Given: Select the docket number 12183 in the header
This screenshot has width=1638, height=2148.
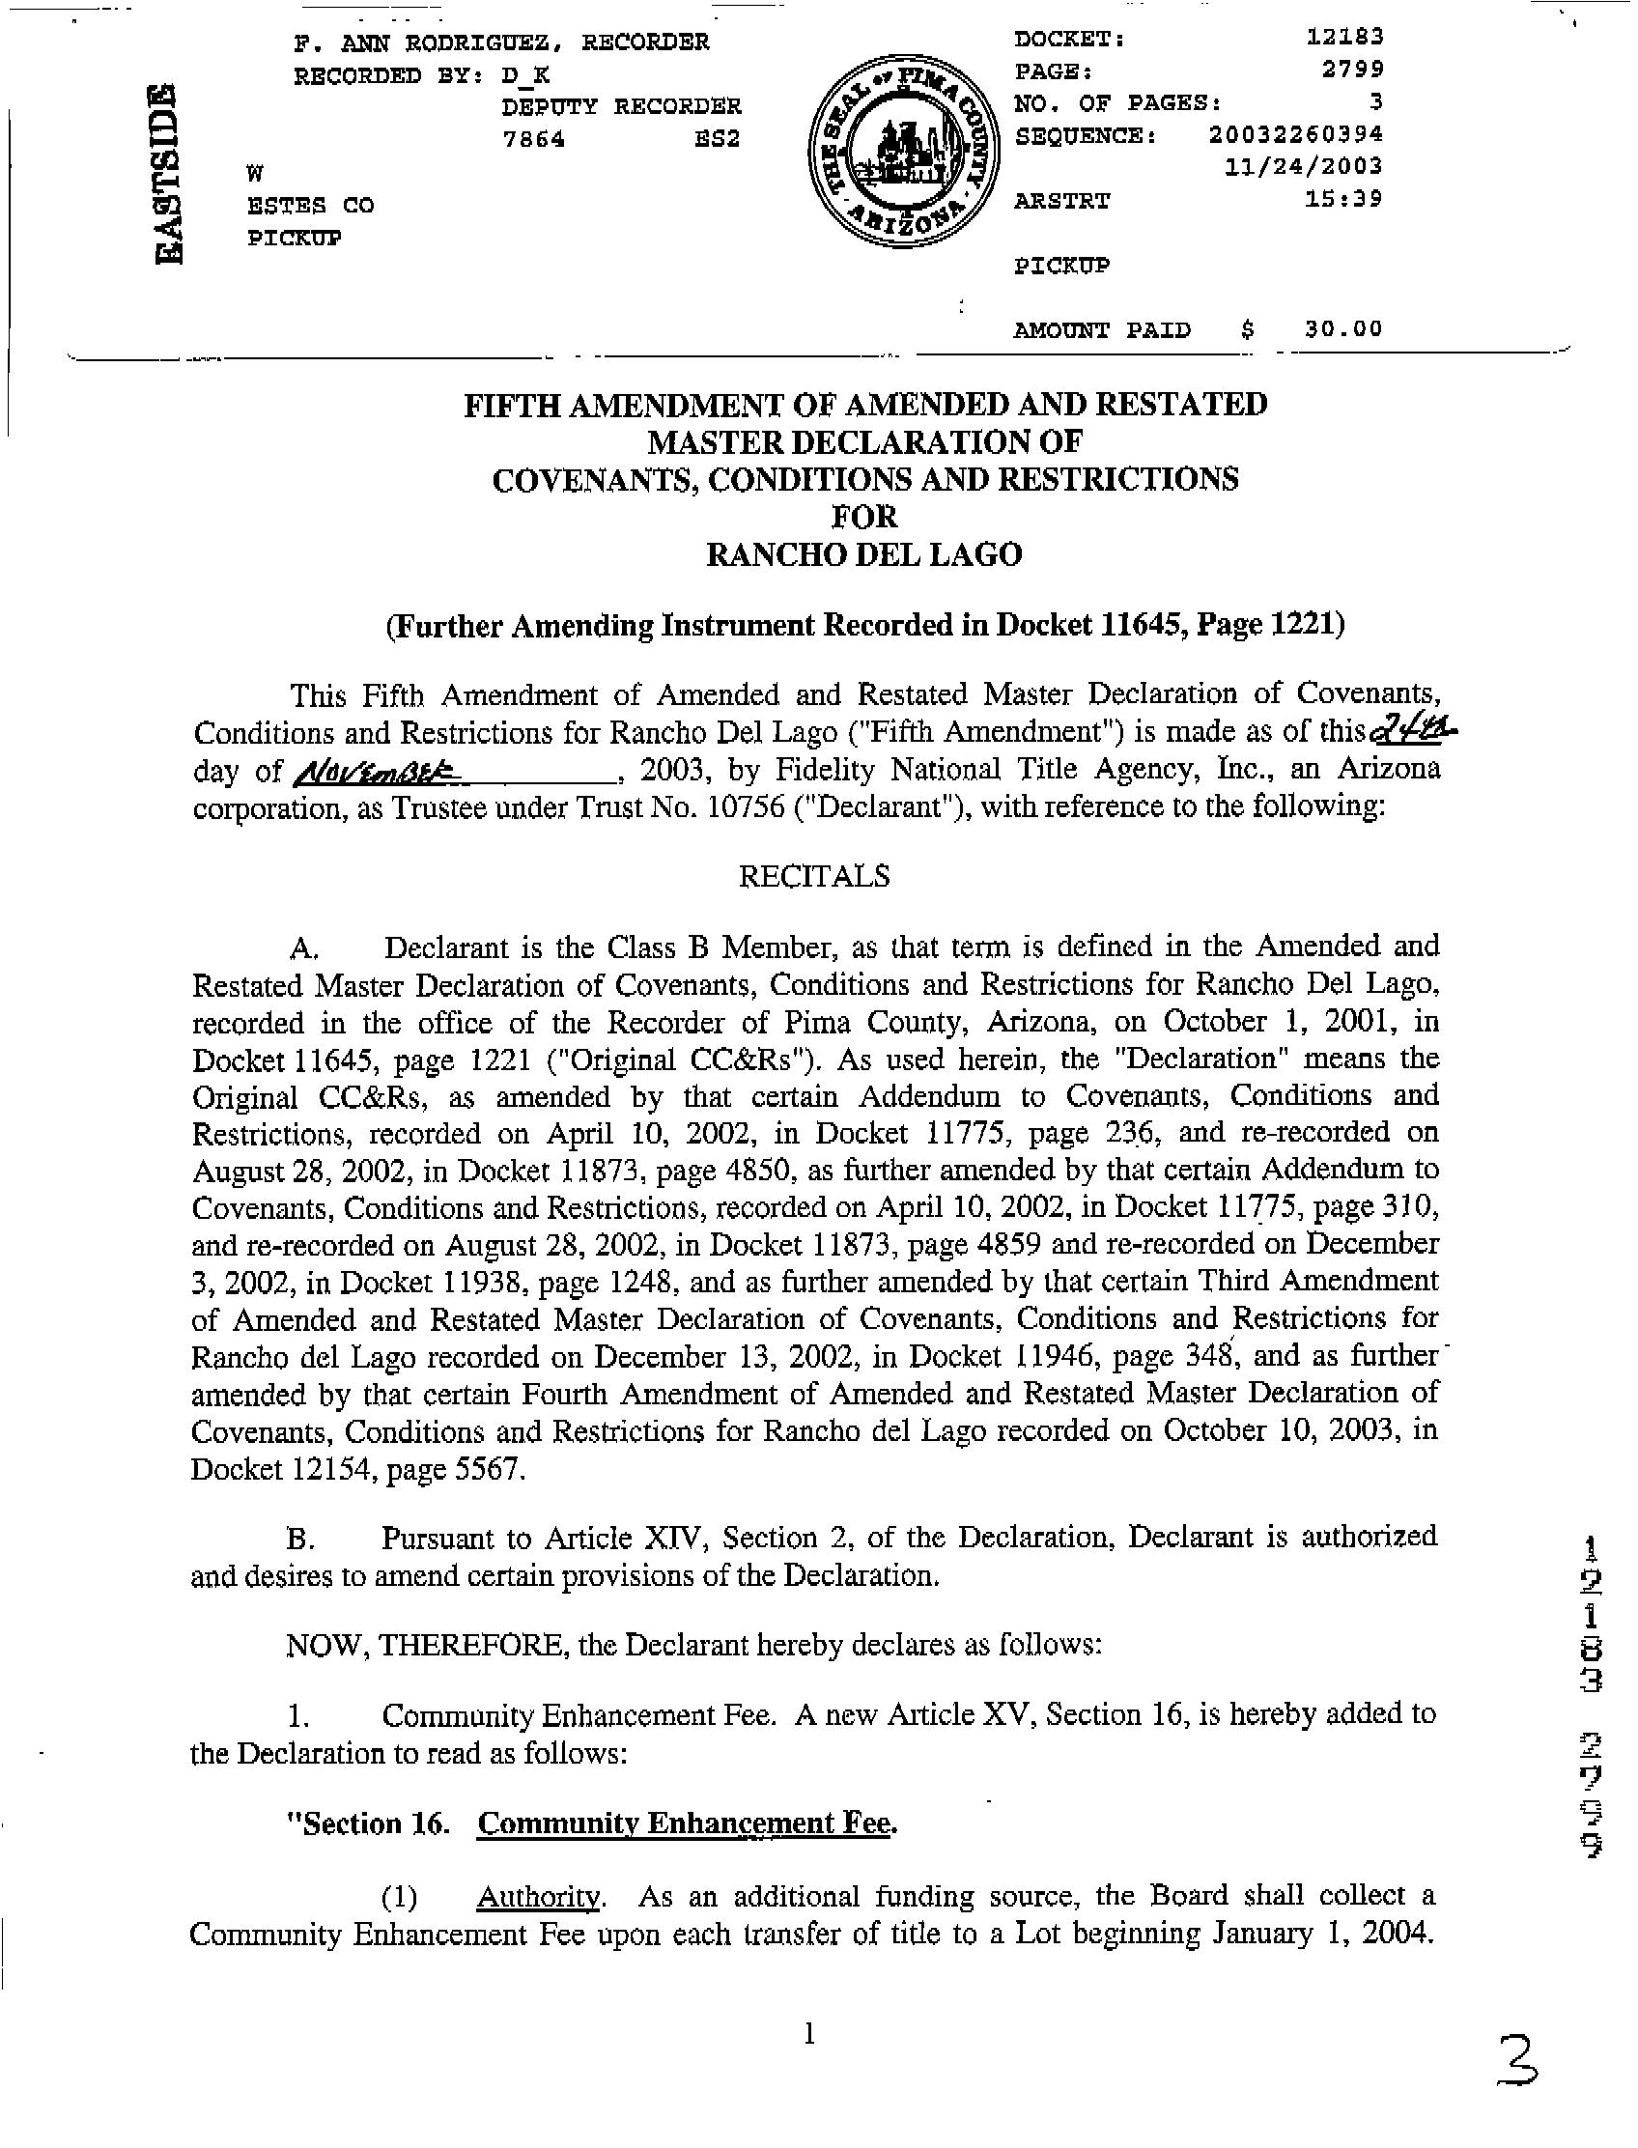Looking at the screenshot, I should [x=1344, y=37].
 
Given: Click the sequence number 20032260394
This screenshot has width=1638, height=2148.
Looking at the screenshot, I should [x=1296, y=133].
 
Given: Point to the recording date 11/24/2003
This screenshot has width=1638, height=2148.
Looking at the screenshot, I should [x=1304, y=166].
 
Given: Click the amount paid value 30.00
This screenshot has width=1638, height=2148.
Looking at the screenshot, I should [x=1343, y=328].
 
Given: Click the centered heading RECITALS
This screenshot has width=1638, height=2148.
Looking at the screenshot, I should [x=814, y=876].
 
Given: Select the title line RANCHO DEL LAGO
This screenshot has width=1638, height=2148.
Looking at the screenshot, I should [x=863, y=554].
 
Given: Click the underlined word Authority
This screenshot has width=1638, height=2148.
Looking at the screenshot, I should [x=539, y=1897].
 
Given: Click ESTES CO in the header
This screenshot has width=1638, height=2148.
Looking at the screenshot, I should [x=310, y=206].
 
